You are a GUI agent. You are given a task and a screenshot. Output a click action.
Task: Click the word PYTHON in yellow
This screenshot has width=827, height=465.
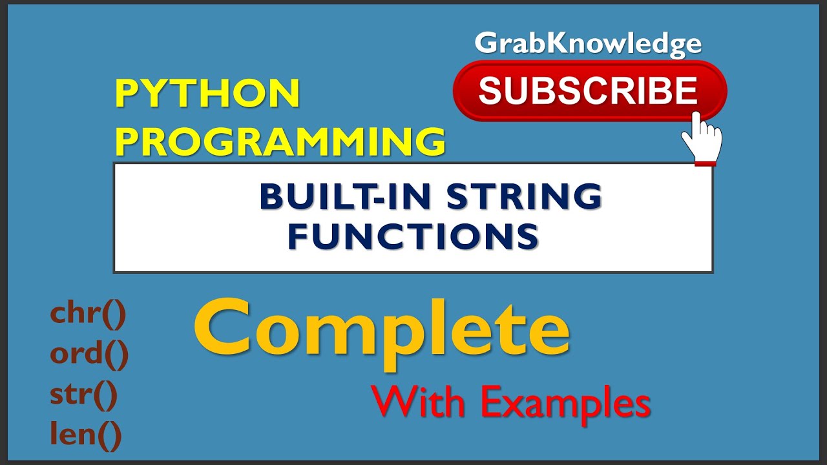tap(207, 94)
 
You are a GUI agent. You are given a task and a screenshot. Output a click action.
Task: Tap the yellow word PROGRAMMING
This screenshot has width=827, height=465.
tap(280, 141)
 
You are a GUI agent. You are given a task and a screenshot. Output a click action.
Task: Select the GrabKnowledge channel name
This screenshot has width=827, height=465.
tap(588, 44)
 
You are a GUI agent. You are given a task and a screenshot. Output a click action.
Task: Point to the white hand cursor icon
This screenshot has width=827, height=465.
tap(702, 137)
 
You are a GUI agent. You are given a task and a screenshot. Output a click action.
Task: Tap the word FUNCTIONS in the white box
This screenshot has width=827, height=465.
tap(413, 236)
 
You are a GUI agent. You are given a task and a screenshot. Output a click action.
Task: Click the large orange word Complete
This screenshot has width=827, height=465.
tap(382, 330)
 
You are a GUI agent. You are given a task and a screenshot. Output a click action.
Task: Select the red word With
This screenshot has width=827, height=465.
tap(419, 404)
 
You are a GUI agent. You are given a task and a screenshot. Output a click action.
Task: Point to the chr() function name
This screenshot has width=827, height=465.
tap(88, 315)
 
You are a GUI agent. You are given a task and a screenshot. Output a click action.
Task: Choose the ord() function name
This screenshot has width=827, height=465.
tap(89, 355)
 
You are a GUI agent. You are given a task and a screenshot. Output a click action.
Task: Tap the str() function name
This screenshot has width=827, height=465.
tap(84, 395)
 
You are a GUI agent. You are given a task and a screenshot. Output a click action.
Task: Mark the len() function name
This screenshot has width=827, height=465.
tap(86, 435)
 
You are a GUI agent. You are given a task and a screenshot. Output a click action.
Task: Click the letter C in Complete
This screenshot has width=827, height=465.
tap(224, 331)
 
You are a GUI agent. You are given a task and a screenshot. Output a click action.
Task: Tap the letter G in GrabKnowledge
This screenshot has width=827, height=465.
tap(485, 44)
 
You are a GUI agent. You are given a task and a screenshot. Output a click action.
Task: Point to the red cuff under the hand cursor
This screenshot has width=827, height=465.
tap(705, 163)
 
